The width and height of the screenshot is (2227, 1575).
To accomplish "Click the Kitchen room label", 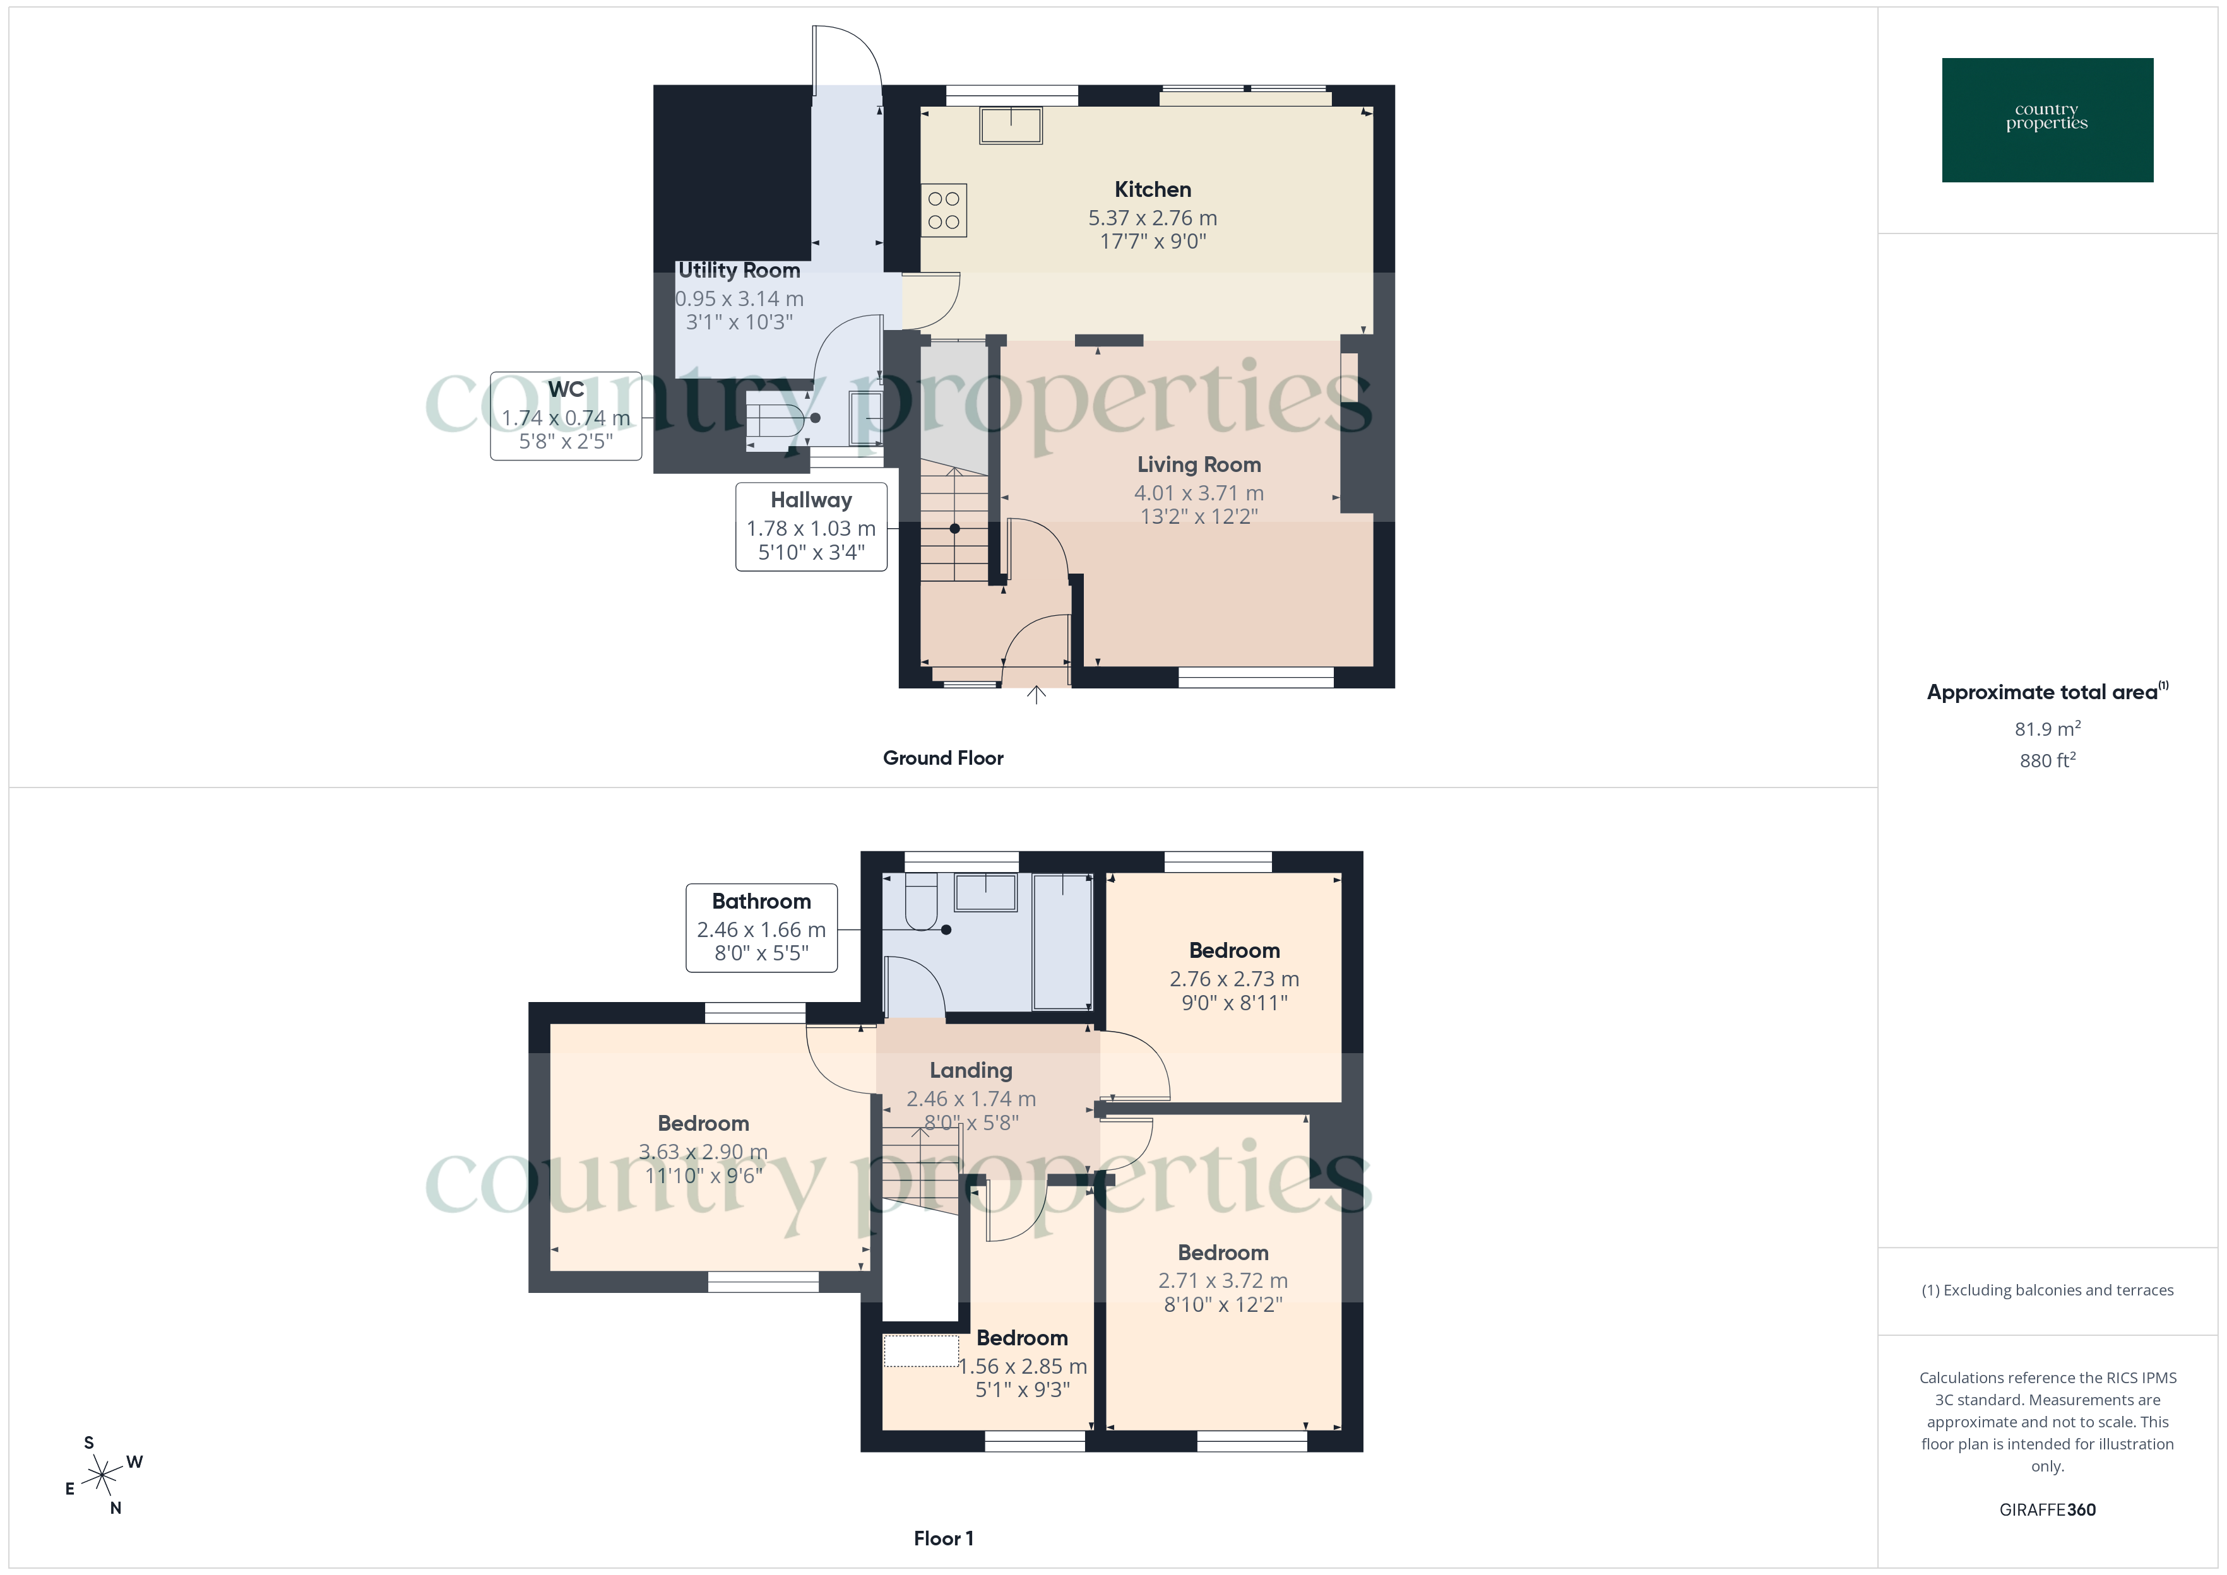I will click(x=1152, y=190).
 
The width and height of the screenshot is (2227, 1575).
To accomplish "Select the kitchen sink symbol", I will click(x=1011, y=126).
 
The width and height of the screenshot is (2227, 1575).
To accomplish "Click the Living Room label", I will click(x=1199, y=466).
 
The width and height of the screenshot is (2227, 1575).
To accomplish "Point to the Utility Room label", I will click(x=739, y=271).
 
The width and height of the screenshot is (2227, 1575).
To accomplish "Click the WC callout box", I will click(x=566, y=416).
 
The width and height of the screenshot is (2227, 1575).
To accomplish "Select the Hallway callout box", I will click(x=811, y=527).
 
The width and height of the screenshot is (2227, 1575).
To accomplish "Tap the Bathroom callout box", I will click(x=761, y=927).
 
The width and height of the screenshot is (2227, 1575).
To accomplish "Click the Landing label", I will click(x=971, y=1071).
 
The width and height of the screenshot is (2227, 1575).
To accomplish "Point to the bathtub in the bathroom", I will click(x=1063, y=941).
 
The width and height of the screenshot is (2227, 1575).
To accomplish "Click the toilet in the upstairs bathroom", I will click(x=920, y=902).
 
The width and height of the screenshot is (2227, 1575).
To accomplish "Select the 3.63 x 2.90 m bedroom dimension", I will click(x=703, y=1152).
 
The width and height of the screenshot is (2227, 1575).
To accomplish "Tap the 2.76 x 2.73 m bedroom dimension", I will click(x=1234, y=979).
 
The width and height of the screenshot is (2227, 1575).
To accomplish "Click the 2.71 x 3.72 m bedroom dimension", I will click(x=1223, y=1281).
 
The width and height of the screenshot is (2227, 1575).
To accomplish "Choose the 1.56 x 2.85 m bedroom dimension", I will click(x=1023, y=1367).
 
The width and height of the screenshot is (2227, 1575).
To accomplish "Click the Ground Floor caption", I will click(x=943, y=758).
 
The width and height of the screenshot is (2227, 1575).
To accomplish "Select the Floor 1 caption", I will click(x=943, y=1538).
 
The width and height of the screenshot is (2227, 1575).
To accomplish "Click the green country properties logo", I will click(x=2046, y=121).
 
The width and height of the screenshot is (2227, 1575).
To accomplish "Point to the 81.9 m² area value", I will click(x=2046, y=729).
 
